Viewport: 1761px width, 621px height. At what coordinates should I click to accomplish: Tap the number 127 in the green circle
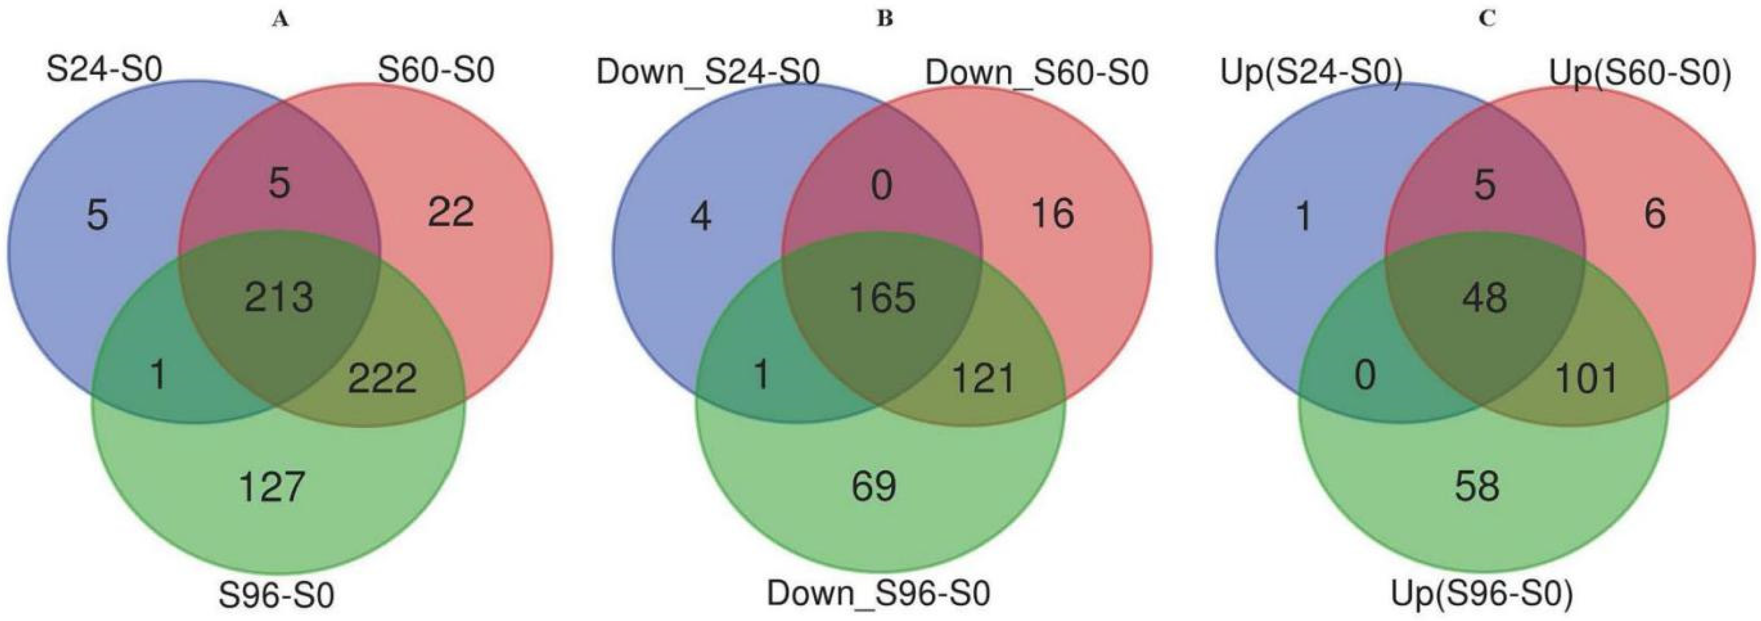[x=272, y=488]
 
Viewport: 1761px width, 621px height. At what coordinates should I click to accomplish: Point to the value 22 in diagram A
[x=451, y=213]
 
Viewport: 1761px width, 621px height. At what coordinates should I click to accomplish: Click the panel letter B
[x=885, y=20]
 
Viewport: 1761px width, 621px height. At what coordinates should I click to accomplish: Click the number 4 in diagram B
[x=701, y=217]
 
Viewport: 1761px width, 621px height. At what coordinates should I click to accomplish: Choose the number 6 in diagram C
[x=1654, y=214]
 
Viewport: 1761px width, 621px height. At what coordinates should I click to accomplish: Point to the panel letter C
[x=1486, y=20]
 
